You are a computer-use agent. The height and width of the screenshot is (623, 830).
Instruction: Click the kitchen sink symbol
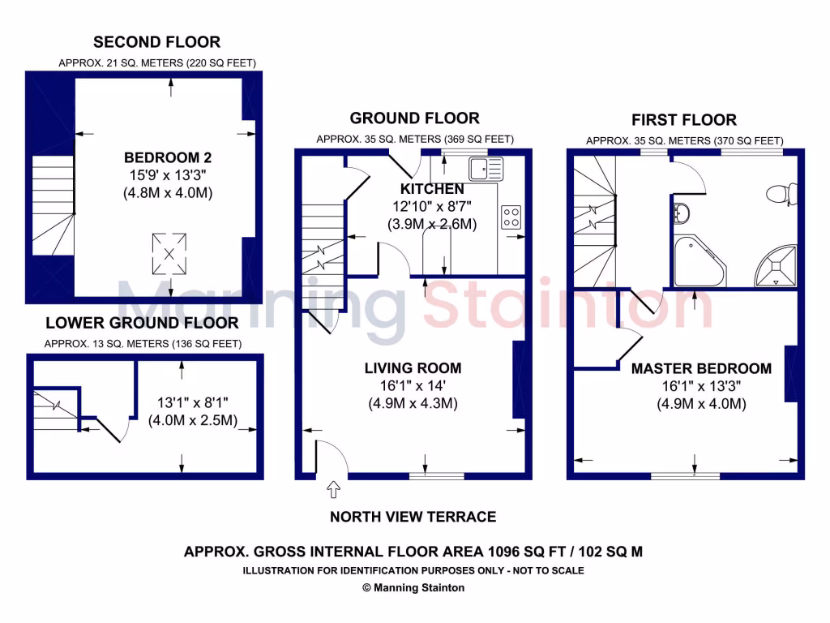[x=486, y=169]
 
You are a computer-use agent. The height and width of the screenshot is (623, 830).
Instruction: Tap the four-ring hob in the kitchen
[x=511, y=217]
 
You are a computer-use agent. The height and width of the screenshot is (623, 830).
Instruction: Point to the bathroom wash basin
[x=681, y=213]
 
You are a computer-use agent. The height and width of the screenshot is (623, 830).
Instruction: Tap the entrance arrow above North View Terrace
[x=332, y=490]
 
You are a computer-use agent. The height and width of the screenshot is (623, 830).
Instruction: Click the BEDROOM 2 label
[x=168, y=157]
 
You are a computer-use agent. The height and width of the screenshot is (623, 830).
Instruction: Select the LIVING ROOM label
[x=413, y=368]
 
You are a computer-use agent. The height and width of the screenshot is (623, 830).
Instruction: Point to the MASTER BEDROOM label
[x=701, y=368]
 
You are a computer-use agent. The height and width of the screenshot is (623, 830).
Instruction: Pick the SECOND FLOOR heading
[x=156, y=42]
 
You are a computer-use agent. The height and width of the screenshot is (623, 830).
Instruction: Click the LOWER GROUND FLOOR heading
[x=142, y=323]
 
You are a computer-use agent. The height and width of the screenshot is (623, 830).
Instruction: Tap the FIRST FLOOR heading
[x=684, y=120]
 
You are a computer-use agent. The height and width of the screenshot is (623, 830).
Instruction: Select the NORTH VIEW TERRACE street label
[x=413, y=517]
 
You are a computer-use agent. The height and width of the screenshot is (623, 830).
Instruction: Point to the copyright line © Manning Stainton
[x=413, y=588]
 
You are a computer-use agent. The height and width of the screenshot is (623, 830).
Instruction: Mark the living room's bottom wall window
[x=436, y=476]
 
